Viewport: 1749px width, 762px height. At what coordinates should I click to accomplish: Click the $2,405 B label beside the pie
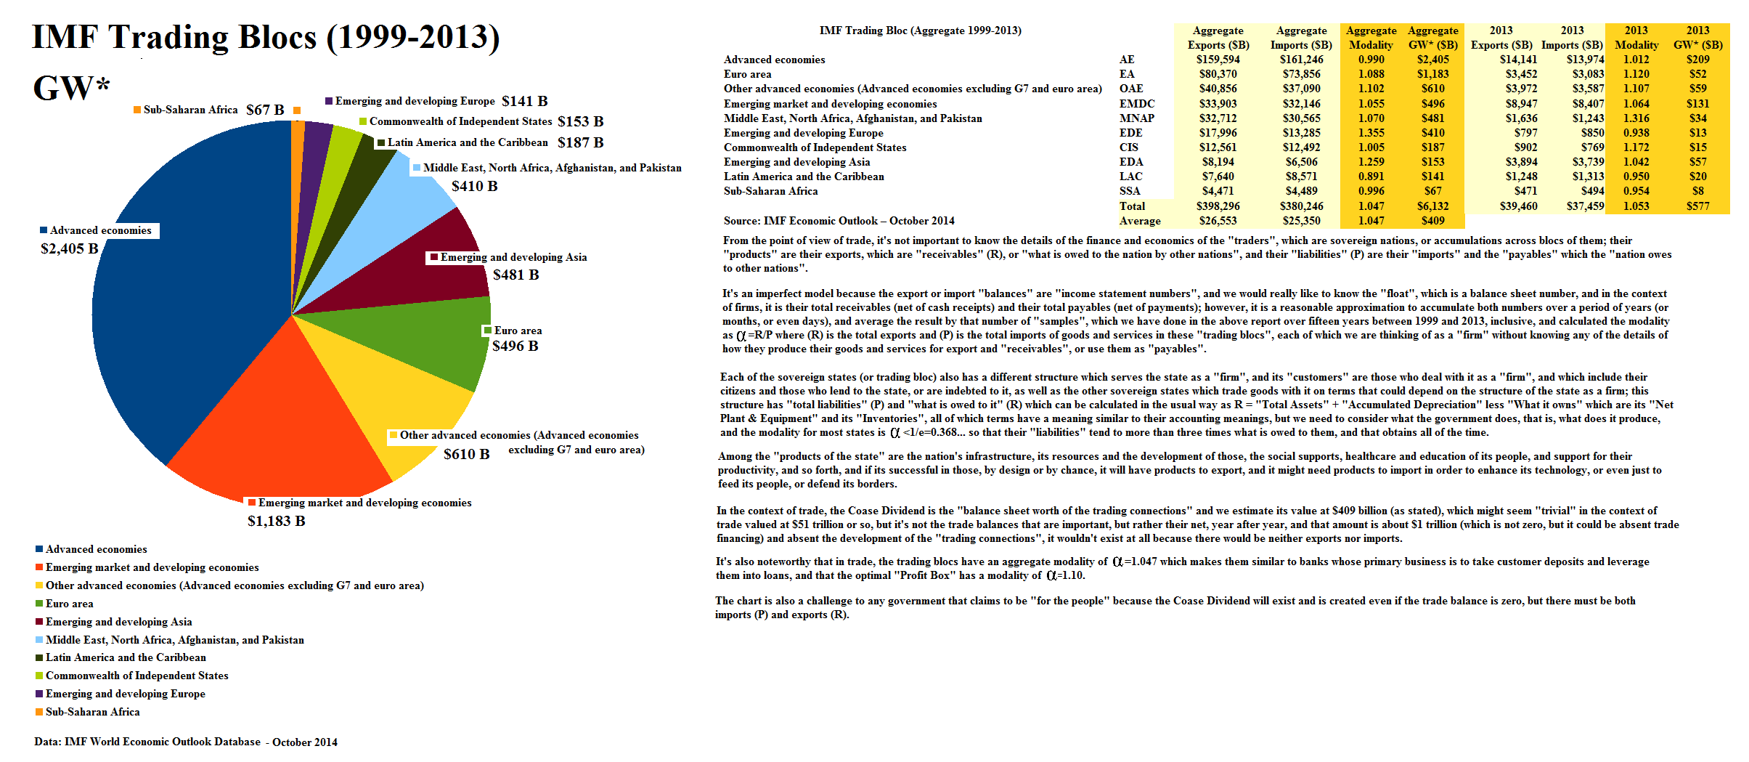69,248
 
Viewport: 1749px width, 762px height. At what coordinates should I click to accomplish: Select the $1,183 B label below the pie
276,521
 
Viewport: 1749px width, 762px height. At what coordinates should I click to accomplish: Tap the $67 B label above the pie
265,110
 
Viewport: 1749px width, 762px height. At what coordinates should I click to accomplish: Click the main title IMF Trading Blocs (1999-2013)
266,38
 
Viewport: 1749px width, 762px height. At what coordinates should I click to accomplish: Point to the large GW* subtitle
71,88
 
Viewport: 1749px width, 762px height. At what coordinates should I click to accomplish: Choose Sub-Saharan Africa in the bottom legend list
92,712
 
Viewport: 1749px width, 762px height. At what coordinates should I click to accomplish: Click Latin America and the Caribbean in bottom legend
126,657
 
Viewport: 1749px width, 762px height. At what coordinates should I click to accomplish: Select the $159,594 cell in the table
1218,60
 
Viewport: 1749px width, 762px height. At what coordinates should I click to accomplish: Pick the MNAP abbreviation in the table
1136,118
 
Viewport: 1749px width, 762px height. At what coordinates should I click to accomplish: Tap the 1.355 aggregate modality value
1371,133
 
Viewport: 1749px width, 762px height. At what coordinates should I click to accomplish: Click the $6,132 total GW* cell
1432,206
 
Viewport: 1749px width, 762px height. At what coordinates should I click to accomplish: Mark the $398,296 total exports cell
1218,206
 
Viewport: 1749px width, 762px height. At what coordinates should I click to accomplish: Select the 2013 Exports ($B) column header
1501,38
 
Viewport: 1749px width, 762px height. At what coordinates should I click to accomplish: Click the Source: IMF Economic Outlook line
839,221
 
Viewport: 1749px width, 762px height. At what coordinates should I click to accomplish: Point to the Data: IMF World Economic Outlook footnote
185,742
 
